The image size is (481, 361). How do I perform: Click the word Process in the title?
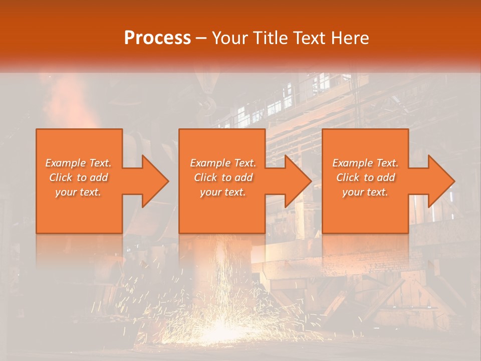pyautogui.click(x=157, y=38)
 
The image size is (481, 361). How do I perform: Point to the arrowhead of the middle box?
pyautogui.click(x=298, y=181)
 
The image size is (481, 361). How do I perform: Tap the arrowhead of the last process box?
pyautogui.click(x=440, y=181)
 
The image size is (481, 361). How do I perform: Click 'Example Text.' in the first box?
pyautogui.click(x=79, y=163)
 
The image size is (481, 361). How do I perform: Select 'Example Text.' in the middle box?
pyautogui.click(x=223, y=163)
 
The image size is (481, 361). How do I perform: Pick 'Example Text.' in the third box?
pyautogui.click(x=365, y=163)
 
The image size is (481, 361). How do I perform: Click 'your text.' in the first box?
pyautogui.click(x=79, y=192)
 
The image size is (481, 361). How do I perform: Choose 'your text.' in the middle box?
pyautogui.click(x=223, y=192)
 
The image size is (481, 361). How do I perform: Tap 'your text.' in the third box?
pyautogui.click(x=365, y=192)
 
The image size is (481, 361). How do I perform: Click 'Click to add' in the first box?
pyautogui.click(x=79, y=177)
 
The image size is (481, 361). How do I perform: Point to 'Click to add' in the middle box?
pyautogui.click(x=223, y=177)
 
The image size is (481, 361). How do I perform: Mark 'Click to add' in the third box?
pyautogui.click(x=365, y=177)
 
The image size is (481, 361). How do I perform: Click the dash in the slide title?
pyautogui.click(x=201, y=38)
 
